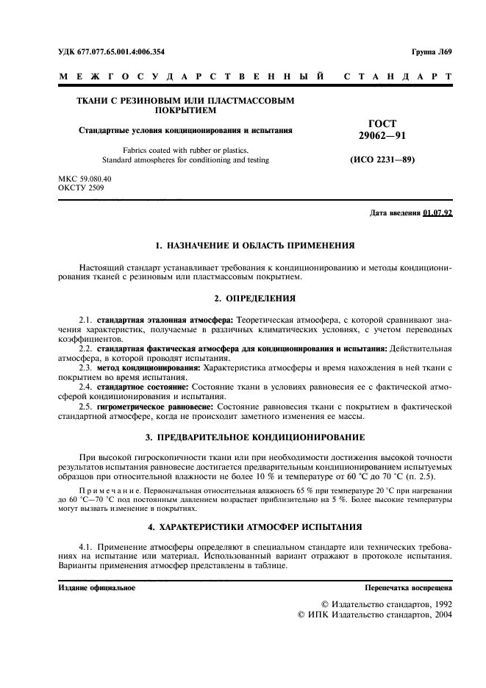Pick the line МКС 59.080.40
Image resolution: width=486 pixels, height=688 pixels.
click(84, 179)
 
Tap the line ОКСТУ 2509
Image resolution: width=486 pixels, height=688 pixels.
click(80, 187)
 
